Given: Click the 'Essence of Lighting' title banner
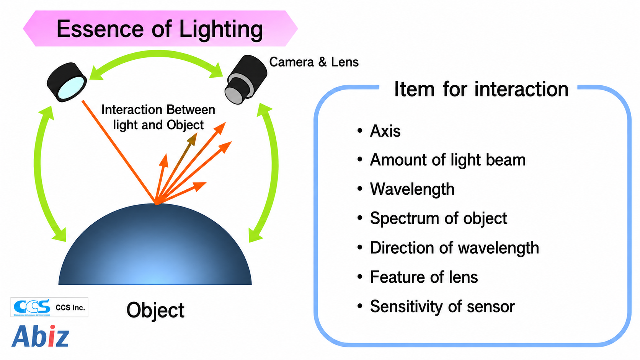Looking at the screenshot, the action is pos(160,29).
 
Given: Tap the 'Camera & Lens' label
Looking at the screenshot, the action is pos(314,62).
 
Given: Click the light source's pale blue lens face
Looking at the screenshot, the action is pos(72,88).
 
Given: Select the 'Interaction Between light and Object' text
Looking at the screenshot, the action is pos(158,117).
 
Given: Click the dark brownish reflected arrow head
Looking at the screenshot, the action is pos(193,138).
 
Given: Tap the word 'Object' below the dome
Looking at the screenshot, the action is pos(155,310).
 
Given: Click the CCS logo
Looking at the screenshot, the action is pos(32,307).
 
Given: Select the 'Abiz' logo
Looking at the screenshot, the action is pos(40,336).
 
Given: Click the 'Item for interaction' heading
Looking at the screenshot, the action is pos(481,89).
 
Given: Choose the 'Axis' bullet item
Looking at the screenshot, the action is pos(385,131).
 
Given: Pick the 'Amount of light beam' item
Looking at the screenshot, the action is pos(448,160).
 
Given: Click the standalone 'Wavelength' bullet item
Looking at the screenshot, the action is pos(412,189).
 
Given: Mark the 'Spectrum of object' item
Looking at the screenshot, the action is pos(439,218).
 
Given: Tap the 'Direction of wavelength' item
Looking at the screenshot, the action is pos(455,248).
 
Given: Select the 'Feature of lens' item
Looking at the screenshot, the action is pos(424,277).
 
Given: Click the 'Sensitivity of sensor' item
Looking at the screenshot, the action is pos(442,306).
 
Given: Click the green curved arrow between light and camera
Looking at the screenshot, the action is pos(156,54).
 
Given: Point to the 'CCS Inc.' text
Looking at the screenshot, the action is pos(70,308).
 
